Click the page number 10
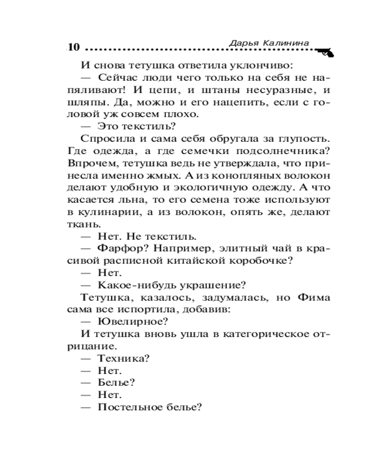[x=74, y=48]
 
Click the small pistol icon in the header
[x=324, y=52]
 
